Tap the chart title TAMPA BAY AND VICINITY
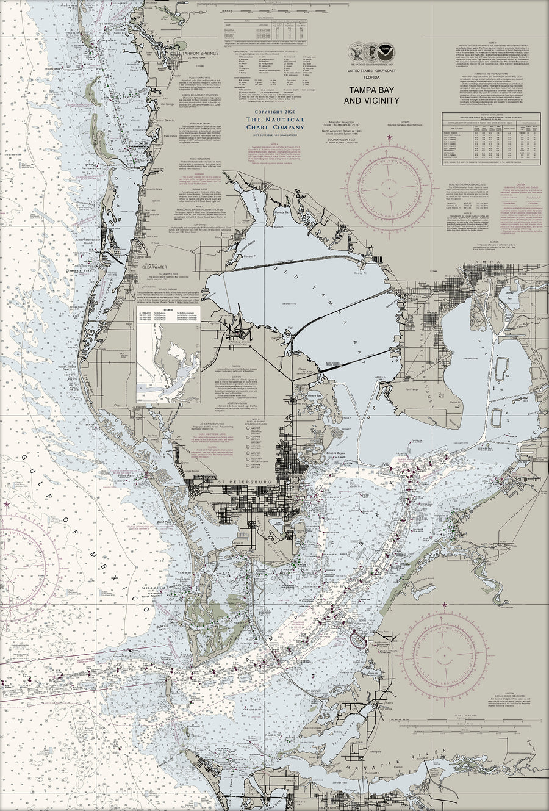(x=375, y=95)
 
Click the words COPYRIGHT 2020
(x=274, y=112)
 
